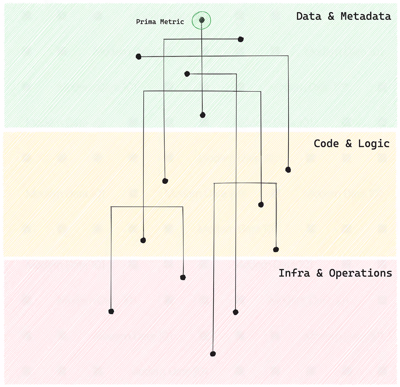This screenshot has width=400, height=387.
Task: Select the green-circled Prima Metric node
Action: [x=202, y=20]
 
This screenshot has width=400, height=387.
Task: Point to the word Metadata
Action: [x=366, y=16]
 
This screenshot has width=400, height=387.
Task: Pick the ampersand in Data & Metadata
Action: [x=331, y=16]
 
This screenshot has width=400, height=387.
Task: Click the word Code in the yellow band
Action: [x=326, y=143]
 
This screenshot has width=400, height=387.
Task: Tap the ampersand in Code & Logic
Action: [x=349, y=143]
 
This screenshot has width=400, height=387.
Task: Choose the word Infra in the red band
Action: [x=294, y=273]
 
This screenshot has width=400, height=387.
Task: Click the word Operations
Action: [x=360, y=273]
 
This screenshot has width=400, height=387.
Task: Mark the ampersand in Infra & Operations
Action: [x=320, y=273]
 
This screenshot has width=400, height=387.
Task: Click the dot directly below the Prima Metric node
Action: [x=202, y=115]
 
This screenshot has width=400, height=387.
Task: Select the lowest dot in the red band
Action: [x=213, y=354]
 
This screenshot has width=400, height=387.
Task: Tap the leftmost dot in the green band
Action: [x=138, y=57]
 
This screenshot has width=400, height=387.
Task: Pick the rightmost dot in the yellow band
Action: [x=288, y=170]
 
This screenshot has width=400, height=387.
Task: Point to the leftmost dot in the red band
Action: [x=111, y=311]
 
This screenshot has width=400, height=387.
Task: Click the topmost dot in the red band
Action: [x=183, y=277]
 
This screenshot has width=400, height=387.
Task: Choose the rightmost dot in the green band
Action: [x=241, y=39]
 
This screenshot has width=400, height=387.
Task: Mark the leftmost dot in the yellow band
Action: [x=143, y=240]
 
